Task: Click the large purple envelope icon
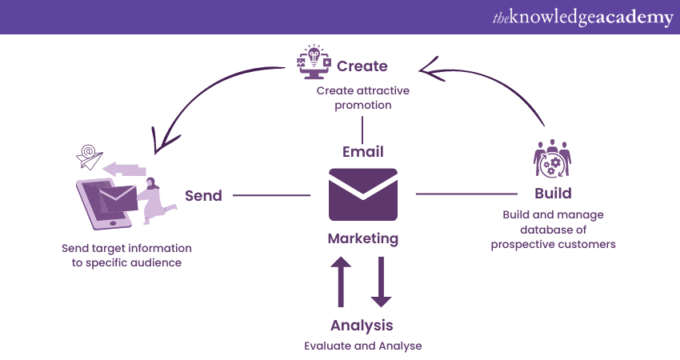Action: pos(362,194)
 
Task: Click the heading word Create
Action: pos(362,66)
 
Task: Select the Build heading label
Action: pos(553,194)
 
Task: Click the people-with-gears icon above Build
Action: pos(553,158)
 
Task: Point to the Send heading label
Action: pos(203,195)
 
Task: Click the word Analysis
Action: pos(362,326)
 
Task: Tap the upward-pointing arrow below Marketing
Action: pos(342,282)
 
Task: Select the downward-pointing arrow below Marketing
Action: pos(382,282)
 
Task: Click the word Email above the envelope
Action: pos(362,151)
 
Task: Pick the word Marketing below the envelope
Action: pos(362,238)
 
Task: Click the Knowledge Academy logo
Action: pos(582,17)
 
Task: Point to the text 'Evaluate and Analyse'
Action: pos(362,346)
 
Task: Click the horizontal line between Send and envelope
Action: pos(270,194)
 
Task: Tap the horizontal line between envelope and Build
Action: pos(466,194)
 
